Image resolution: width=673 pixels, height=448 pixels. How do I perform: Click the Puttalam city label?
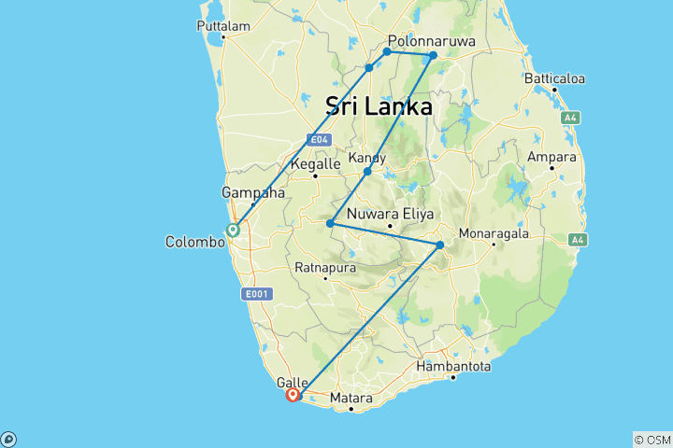223,26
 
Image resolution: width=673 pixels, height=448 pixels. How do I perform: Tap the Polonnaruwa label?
432,41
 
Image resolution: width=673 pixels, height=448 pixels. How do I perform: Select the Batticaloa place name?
555,79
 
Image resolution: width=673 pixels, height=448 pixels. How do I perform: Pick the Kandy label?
366,158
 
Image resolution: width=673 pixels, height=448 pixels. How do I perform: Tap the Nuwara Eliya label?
389,213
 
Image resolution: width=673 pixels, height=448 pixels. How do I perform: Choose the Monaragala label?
492,232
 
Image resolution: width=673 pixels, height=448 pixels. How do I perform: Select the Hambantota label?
454,366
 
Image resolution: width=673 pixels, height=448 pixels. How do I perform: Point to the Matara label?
351,398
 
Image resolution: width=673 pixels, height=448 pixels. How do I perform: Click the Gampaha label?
252,192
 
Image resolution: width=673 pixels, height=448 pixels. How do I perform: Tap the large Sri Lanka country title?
379,106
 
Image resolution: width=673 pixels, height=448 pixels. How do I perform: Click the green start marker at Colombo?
232,229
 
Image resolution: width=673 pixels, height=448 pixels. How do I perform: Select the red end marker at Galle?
293,395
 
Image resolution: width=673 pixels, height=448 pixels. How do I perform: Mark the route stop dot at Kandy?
367,172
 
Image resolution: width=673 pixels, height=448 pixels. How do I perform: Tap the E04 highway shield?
320,140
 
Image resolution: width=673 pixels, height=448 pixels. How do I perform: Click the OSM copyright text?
652,440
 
